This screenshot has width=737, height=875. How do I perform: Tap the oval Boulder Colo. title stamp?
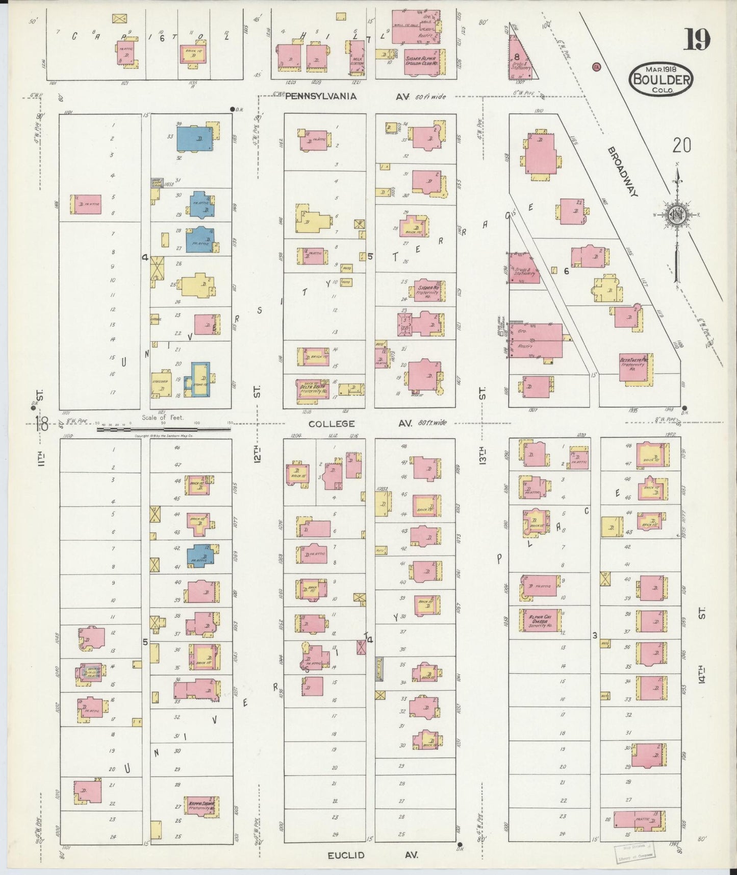click(x=661, y=79)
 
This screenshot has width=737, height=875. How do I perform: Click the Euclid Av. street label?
click(x=346, y=855)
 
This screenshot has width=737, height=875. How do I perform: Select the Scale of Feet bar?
click(x=163, y=429)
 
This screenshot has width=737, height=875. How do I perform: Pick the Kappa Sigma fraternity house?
click(x=200, y=807)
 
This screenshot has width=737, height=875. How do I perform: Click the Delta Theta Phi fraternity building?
click(x=634, y=367)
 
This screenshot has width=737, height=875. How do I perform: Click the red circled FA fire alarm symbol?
click(x=595, y=66)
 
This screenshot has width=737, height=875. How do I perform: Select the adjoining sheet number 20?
click(x=681, y=145)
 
